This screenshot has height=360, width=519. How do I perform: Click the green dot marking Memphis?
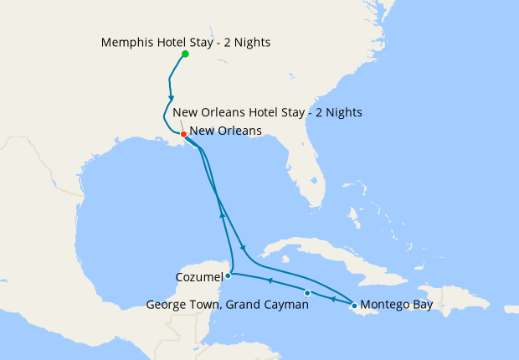click(x=185, y=54)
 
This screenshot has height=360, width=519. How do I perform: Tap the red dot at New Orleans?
click(x=183, y=134)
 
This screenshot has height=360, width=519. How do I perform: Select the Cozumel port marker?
click(x=228, y=275)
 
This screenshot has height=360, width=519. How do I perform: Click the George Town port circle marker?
click(x=307, y=293)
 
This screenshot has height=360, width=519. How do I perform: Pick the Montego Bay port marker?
click(x=355, y=306)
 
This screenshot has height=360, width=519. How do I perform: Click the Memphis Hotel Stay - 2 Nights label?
click(x=185, y=41)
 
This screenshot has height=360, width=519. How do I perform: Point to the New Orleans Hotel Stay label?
click(x=267, y=113)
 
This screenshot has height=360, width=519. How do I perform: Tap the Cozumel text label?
click(x=199, y=276)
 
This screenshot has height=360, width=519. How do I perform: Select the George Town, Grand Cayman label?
click(x=228, y=306)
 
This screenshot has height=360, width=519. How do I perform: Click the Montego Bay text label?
click(x=398, y=306)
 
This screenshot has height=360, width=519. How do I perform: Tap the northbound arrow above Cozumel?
click(x=222, y=215)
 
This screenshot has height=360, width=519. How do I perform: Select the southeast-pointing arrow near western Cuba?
click(x=243, y=248)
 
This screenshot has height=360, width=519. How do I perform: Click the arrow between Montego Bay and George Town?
click(x=332, y=299)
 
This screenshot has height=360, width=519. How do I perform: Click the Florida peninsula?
click(x=310, y=180)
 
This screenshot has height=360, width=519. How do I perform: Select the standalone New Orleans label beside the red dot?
click(x=225, y=131)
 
